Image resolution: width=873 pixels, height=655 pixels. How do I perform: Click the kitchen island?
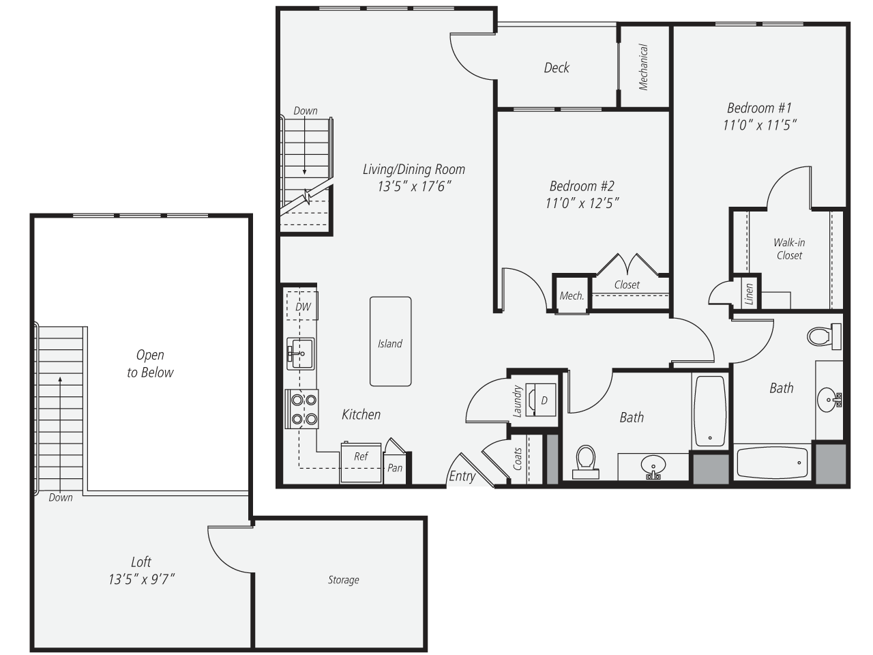click(x=390, y=342)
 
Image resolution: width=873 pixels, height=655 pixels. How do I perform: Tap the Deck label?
click(x=557, y=68)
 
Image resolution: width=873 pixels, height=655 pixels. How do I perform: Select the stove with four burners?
click(x=301, y=409)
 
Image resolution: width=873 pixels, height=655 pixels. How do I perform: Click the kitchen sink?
click(x=301, y=353)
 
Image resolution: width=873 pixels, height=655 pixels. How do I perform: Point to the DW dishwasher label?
click(x=303, y=306)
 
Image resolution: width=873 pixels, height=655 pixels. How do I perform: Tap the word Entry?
click(x=462, y=476)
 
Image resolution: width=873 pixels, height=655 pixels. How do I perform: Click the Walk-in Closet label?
click(x=789, y=249)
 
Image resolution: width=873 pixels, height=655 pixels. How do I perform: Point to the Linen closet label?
click(x=749, y=294)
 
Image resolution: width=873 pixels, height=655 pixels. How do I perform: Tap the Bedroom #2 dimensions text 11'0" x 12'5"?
click(x=582, y=203)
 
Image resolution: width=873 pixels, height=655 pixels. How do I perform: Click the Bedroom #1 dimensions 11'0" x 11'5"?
click(x=759, y=126)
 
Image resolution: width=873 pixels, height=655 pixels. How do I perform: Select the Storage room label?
click(x=343, y=580)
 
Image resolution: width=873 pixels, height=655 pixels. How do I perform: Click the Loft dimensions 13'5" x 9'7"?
click(x=141, y=580)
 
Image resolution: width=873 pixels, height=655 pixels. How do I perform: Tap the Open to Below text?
click(x=150, y=364)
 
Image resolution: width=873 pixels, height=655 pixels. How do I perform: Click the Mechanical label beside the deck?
click(x=643, y=67)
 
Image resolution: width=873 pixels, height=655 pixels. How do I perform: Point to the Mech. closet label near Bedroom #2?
click(x=572, y=296)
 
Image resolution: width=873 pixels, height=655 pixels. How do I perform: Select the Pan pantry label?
click(x=395, y=468)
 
